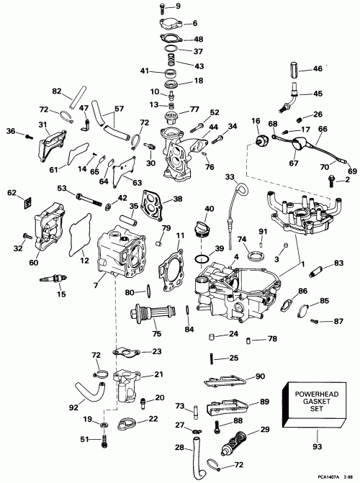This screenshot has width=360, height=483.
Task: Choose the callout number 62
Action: pos(12,192)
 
